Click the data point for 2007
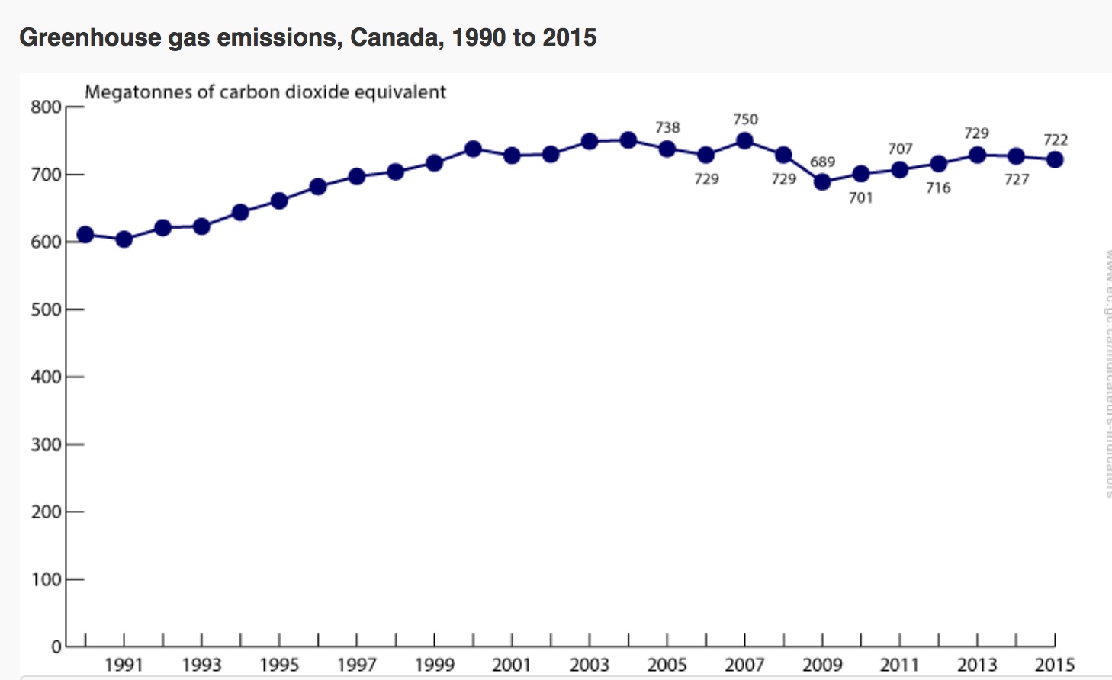click(x=744, y=141)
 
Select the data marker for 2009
click(x=822, y=182)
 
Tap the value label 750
click(x=745, y=120)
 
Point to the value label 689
click(x=822, y=162)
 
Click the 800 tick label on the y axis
click(x=46, y=107)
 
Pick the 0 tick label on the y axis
click(x=56, y=646)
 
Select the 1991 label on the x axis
click(x=124, y=665)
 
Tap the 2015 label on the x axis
click(x=1054, y=665)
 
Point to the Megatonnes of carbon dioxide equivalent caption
click(x=265, y=92)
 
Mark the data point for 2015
click(x=1055, y=160)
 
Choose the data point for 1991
click(x=124, y=239)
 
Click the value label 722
click(x=1056, y=140)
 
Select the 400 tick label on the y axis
click(x=46, y=377)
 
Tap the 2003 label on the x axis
click(x=589, y=665)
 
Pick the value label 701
click(x=860, y=198)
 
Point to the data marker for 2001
click(x=512, y=156)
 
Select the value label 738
click(x=667, y=127)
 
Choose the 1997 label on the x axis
click(x=356, y=665)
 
